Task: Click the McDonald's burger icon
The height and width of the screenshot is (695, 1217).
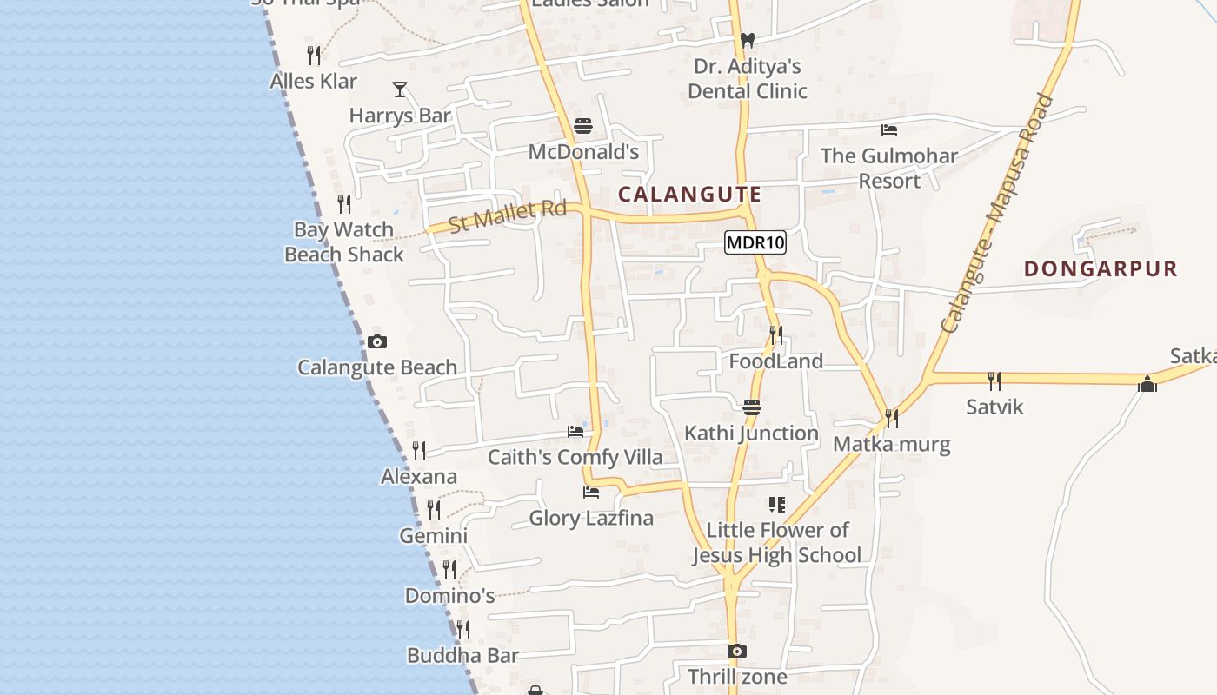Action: [x=583, y=126]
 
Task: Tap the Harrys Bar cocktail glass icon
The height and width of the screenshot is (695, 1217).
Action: [x=400, y=89]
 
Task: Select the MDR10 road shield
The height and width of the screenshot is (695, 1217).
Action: [x=755, y=242]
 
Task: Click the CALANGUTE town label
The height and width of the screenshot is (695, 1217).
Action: [x=689, y=194]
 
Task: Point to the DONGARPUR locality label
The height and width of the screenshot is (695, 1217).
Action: [x=1101, y=268]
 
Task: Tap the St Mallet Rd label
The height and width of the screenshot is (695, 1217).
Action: [x=508, y=215]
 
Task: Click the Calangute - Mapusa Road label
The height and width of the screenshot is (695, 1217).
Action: [x=997, y=213]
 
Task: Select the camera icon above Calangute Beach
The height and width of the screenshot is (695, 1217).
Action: [x=377, y=341]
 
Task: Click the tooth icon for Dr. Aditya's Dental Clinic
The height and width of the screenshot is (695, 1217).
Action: [x=747, y=40]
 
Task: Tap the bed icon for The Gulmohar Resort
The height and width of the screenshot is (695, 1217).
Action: [x=889, y=130]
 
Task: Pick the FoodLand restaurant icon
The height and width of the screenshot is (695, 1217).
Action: [x=776, y=334]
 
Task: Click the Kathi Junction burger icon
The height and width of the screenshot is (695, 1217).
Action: [x=752, y=407]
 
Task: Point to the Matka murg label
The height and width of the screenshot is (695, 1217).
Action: [x=892, y=445]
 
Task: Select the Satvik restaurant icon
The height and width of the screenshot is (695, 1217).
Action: [x=994, y=381]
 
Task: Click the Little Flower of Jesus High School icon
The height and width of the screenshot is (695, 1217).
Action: [x=777, y=504]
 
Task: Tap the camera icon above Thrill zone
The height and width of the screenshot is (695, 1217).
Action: [x=737, y=651]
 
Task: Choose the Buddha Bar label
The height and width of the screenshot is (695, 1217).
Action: [x=462, y=655]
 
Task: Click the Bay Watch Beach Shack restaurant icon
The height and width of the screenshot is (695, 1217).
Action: [x=344, y=204]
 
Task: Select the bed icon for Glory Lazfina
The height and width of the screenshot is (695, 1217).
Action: [x=591, y=493]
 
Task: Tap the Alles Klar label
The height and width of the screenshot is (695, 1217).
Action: [x=314, y=81]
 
